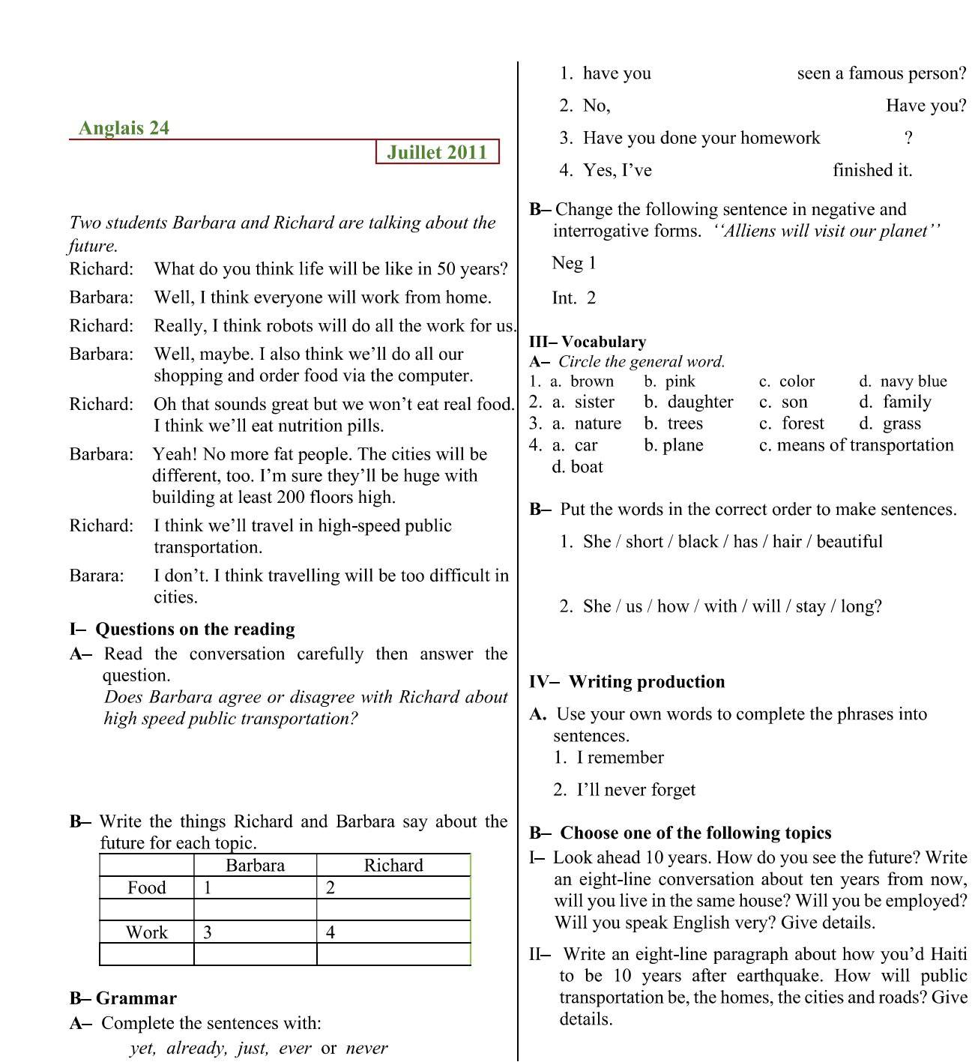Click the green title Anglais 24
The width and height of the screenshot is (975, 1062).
pyautogui.click(x=124, y=128)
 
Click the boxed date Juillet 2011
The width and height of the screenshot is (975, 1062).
pyautogui.click(x=437, y=152)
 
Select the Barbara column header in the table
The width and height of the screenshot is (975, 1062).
pyautogui.click(x=255, y=866)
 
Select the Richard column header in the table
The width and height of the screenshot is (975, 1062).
pyautogui.click(x=393, y=866)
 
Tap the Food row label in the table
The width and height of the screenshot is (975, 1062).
pyautogui.click(x=146, y=888)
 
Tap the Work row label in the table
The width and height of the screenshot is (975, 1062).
pyautogui.click(x=146, y=932)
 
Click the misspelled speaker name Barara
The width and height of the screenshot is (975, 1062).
pyautogui.click(x=97, y=576)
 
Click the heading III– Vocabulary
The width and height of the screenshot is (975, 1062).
pyautogui.click(x=588, y=342)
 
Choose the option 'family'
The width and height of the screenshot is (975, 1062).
pyautogui.click(x=906, y=402)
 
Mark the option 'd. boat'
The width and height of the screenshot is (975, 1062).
pyautogui.click(x=577, y=467)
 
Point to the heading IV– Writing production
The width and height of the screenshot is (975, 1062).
pyautogui.click(x=627, y=682)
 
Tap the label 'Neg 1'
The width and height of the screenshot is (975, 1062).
pyautogui.click(x=573, y=263)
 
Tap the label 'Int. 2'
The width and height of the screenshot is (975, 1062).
pyautogui.click(x=573, y=298)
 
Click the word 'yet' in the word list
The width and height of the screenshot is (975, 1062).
pyautogui.click(x=142, y=1048)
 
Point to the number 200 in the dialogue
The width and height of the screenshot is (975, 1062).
pyautogui.click(x=292, y=497)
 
